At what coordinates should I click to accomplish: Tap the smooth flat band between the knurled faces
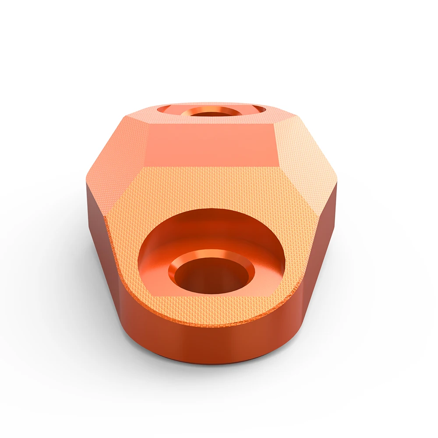(210, 145)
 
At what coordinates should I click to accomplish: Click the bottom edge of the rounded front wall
(210, 363)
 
